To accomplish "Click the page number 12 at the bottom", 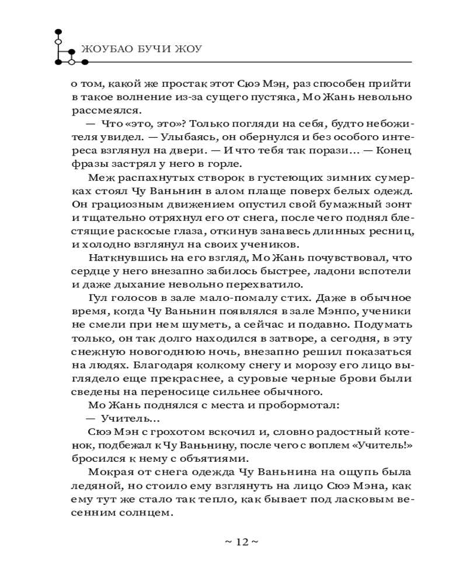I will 241,542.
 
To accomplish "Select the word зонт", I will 399,206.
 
